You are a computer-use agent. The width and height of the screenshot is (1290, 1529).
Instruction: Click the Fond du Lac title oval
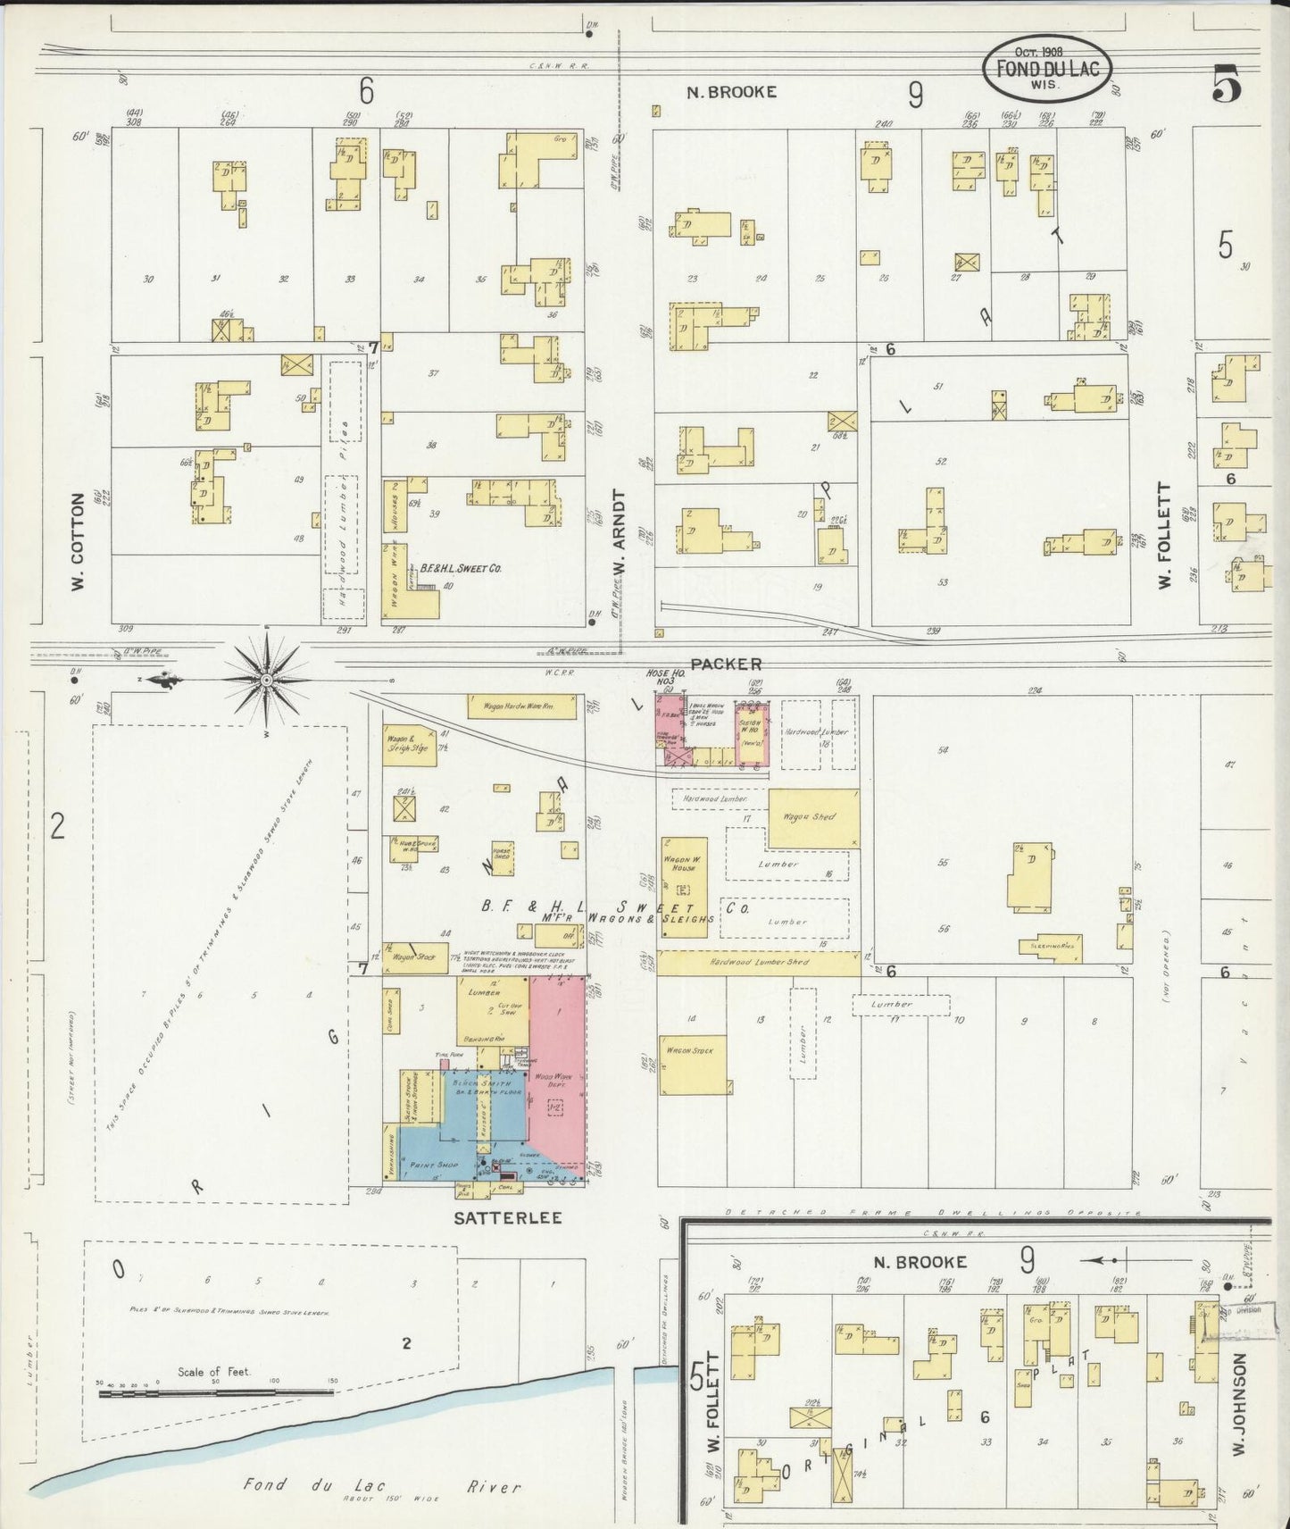pyautogui.click(x=1041, y=68)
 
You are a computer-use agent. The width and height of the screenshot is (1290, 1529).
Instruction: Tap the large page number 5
pyautogui.click(x=1227, y=86)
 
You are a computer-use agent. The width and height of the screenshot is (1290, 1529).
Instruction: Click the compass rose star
pyautogui.click(x=266, y=681)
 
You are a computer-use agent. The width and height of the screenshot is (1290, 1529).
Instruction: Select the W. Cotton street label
pyautogui.click(x=79, y=542)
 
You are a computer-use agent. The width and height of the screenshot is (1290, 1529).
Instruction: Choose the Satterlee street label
pyautogui.click(x=507, y=1217)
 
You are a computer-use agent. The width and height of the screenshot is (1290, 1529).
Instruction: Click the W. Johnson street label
pyautogui.click(x=1239, y=1408)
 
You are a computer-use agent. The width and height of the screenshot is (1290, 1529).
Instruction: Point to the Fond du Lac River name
pyautogui.click(x=382, y=1486)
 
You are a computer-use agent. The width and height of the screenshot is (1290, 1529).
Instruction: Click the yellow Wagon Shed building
pyautogui.click(x=812, y=817)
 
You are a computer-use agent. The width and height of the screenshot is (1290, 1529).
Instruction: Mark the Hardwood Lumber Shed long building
pyautogui.click(x=759, y=963)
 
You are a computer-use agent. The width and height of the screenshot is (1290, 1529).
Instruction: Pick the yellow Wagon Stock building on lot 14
pyautogui.click(x=695, y=1064)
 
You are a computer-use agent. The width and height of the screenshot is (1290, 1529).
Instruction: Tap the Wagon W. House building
pyautogui.click(x=684, y=887)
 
